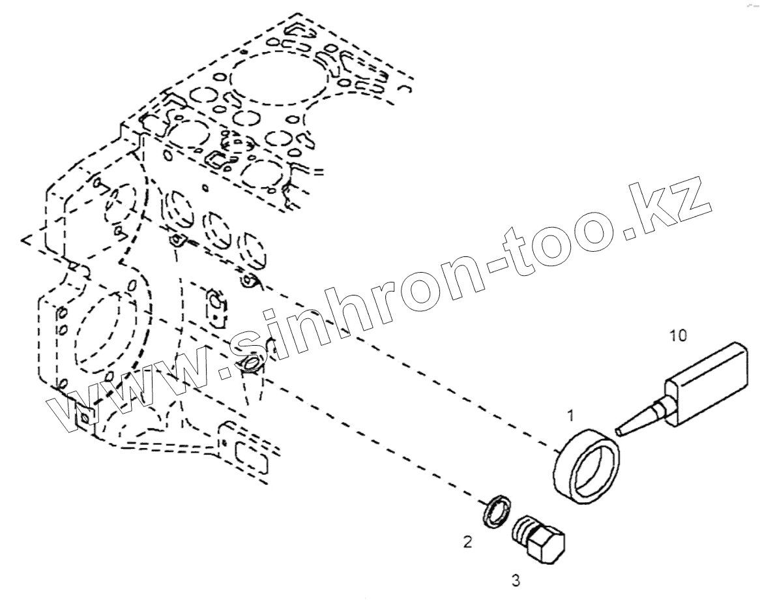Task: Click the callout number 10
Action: pos(678,335)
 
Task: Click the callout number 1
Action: pos(570,415)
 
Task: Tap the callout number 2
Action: pos(467,541)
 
